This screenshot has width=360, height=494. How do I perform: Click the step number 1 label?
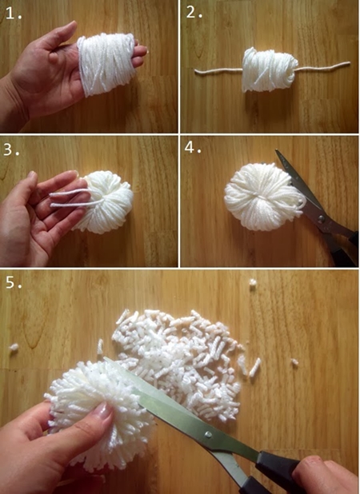click(x=14, y=13)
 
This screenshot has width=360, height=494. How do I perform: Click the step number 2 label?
click(x=194, y=12)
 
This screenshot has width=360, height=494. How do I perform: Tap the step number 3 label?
click(x=11, y=149)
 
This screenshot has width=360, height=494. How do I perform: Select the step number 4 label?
click(x=193, y=147)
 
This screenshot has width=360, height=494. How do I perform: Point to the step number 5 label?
click(x=14, y=282)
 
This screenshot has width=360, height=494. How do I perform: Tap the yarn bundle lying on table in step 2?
click(x=269, y=70)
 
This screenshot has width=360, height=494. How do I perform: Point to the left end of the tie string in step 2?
click(x=196, y=71)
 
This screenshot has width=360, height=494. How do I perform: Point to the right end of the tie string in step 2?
click(x=349, y=63)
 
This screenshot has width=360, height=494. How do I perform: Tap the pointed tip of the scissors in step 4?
click(x=277, y=150)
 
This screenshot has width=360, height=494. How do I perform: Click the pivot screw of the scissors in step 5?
click(x=208, y=435)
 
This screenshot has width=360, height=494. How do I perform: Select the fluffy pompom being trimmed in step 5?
click(x=101, y=416)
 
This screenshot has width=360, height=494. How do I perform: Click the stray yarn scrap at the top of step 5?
click(x=253, y=282)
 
